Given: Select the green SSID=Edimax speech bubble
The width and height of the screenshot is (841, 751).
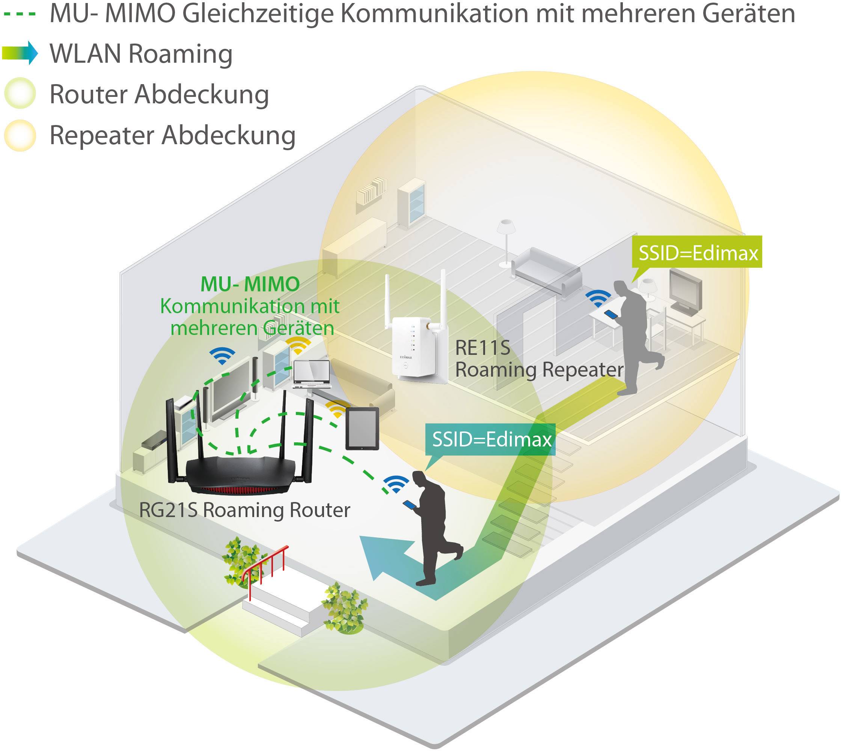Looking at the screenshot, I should point(698,253).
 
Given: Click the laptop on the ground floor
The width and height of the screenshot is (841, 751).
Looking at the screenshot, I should point(312,374).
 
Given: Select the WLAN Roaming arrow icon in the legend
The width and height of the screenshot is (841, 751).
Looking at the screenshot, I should point(20,53).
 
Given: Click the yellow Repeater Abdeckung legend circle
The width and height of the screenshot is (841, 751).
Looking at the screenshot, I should point(20,135).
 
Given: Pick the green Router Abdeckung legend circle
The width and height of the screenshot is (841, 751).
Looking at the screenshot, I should point(20,93).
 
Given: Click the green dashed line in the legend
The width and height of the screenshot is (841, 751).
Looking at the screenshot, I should point(20,14).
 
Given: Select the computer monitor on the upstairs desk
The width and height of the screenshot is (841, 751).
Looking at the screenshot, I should point(685,291).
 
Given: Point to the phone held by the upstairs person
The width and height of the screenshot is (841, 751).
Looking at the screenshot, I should point(611,314).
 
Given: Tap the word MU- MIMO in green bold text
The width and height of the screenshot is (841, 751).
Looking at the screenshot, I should point(250,284).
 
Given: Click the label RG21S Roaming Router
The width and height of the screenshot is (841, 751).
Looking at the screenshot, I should point(244,510).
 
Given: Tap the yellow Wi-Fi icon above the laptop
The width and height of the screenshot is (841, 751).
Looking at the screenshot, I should point(298,345).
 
